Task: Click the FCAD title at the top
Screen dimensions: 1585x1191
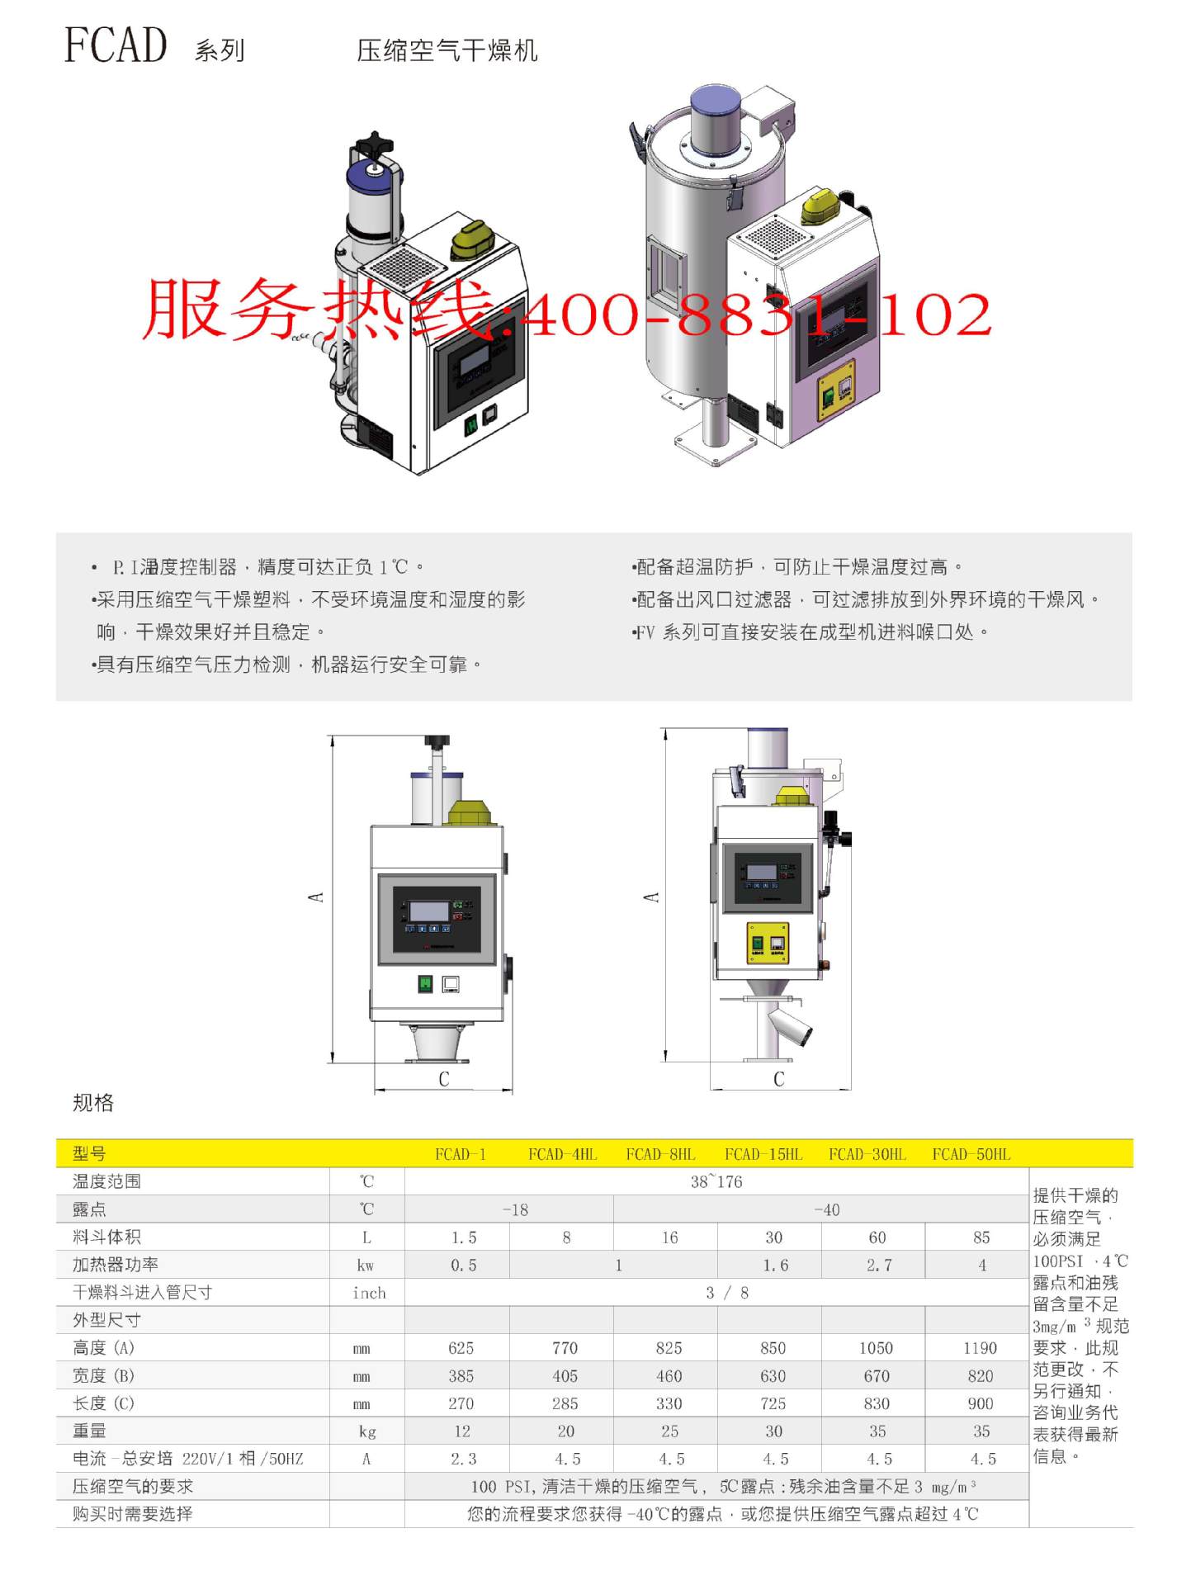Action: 116,45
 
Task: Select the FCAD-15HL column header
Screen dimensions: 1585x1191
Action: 763,1154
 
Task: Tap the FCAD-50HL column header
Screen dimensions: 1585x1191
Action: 971,1154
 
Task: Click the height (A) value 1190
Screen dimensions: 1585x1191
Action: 980,1348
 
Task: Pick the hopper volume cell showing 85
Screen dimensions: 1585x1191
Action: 981,1237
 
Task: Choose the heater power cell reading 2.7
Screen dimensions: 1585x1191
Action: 878,1265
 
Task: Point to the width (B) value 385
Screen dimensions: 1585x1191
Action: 461,1376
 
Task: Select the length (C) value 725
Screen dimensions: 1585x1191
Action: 773,1403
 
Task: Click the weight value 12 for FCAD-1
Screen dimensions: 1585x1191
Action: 461,1431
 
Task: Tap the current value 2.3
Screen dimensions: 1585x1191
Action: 463,1459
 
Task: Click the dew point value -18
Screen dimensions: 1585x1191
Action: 515,1209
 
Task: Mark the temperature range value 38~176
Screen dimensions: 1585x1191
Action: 716,1181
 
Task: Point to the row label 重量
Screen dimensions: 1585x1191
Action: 89,1431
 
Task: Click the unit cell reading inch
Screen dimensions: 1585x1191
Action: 368,1293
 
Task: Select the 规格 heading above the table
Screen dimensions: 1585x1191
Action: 92,1103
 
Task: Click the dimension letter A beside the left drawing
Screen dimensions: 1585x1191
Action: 315,897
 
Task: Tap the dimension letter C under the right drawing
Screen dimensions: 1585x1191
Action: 778,1079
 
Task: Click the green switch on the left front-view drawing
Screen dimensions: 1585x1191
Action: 425,984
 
